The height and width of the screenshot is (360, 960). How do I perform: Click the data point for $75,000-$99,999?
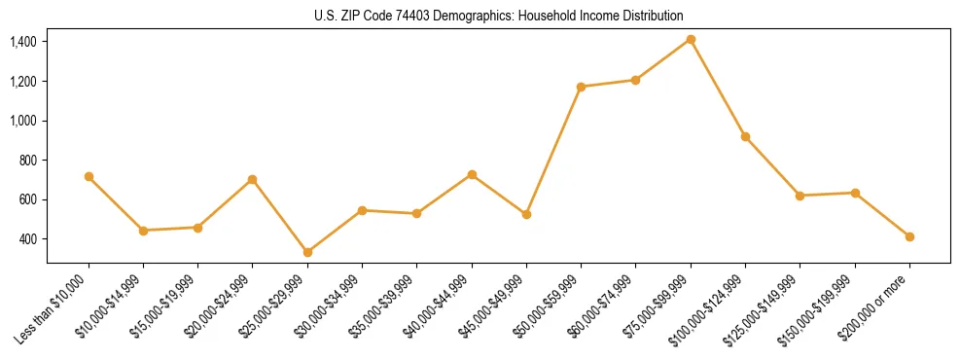[691, 39]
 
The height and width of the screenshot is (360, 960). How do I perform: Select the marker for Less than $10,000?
[89, 176]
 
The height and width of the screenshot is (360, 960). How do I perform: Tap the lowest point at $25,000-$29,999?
[307, 252]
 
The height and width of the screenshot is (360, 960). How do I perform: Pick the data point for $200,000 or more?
[909, 236]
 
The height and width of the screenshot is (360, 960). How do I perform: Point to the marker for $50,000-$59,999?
[581, 87]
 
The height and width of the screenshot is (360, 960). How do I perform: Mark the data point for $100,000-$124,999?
[745, 136]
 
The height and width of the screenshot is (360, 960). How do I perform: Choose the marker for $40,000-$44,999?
[472, 174]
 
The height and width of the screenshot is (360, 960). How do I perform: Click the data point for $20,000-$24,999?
[253, 179]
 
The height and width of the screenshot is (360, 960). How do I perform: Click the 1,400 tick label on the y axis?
[23, 42]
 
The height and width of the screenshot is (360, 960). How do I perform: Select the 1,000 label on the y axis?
[23, 121]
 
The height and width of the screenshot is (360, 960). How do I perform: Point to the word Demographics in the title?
[470, 17]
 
